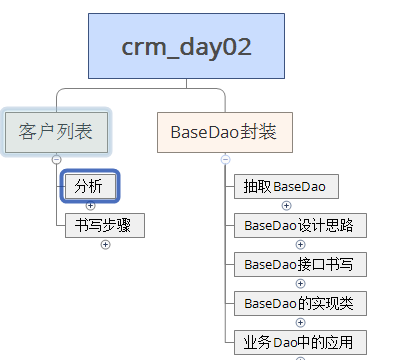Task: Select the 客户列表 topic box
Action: coord(55,131)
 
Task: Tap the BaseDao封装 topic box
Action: coord(224,131)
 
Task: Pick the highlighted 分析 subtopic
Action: coord(90,185)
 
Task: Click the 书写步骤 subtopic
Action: coord(104,225)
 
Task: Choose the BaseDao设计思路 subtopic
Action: coord(299,225)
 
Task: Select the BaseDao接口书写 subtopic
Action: coord(299,264)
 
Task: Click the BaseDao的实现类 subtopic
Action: coord(299,303)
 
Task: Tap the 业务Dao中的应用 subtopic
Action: coord(299,342)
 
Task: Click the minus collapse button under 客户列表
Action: coord(56,159)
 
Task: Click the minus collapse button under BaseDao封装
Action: coord(225,159)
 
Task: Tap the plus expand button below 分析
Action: coord(90,206)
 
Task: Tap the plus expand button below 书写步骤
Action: coord(105,245)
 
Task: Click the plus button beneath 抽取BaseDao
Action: coord(300,206)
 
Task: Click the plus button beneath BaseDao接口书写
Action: coord(300,284)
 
